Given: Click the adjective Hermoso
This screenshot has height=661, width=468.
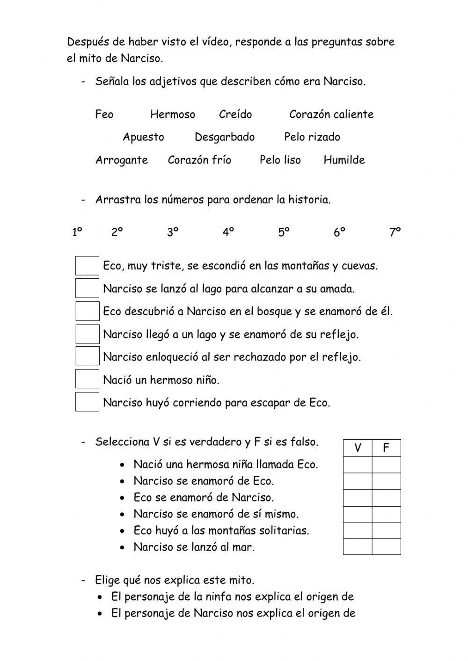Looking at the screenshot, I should [x=172, y=115].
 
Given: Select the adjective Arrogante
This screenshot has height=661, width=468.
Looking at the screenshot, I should [x=121, y=160].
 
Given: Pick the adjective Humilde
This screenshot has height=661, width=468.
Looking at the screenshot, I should [x=344, y=160].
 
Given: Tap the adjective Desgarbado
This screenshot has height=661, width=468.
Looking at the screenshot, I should [x=224, y=137].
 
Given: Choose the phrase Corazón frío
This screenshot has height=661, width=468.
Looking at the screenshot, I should [x=199, y=160].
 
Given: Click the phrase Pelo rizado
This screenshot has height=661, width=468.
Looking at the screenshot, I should [x=312, y=137].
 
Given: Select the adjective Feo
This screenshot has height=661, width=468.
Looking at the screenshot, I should [x=104, y=115].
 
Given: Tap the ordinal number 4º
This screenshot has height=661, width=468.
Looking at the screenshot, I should [x=228, y=232].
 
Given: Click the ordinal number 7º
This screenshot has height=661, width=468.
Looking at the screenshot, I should [x=395, y=232].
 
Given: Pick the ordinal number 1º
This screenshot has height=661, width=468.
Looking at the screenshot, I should [x=77, y=232].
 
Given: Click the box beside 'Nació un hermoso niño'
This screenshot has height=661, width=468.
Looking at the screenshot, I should [x=87, y=379].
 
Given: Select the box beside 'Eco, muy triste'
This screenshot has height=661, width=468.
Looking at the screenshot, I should [x=87, y=266].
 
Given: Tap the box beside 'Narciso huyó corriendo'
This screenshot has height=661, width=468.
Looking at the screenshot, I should [x=87, y=402].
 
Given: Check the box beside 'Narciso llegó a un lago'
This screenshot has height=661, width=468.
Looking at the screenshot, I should [x=87, y=334].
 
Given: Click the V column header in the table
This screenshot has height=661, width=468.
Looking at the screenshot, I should [x=358, y=448].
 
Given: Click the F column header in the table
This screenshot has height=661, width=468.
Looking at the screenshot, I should [x=386, y=448].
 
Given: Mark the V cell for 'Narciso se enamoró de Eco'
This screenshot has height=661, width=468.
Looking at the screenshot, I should [x=358, y=481].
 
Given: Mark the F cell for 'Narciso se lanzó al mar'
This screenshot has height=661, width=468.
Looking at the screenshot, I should [x=386, y=547].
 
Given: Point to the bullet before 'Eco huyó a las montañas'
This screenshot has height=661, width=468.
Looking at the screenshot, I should [x=122, y=531].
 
